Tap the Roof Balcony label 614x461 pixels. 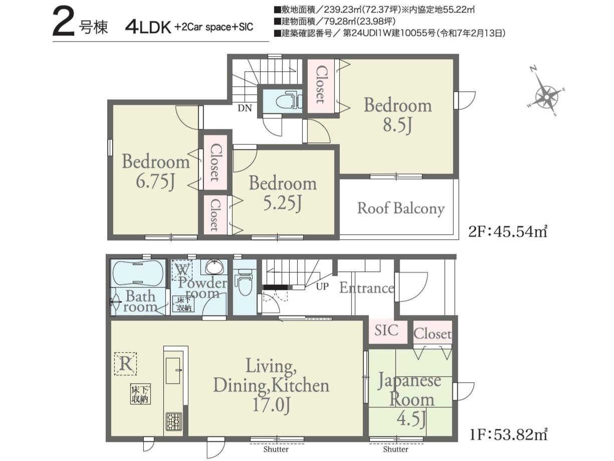coord(401,208)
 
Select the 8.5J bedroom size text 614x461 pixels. coord(397,125)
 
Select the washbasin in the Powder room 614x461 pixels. coord(214,267)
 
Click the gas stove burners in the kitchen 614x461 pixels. coord(174,422)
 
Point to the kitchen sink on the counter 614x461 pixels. coord(173,371)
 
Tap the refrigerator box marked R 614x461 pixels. coord(126,364)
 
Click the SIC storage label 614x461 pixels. coord(386,330)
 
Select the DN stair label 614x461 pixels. coord(245,108)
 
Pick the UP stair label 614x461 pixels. coord(322,286)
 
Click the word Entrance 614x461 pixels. coord(367,288)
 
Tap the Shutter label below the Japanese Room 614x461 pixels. coord(395,449)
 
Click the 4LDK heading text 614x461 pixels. coord(148,28)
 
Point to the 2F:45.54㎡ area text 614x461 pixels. coord(507,232)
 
